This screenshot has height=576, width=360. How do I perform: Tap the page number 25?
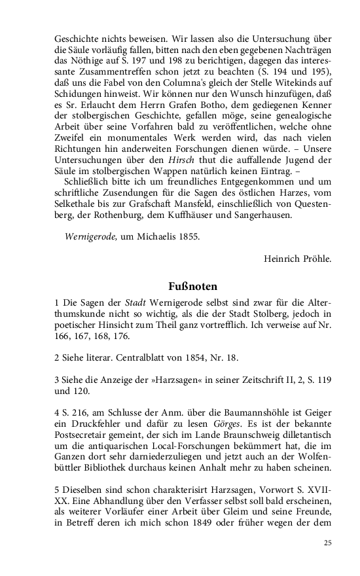coord(327,543)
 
